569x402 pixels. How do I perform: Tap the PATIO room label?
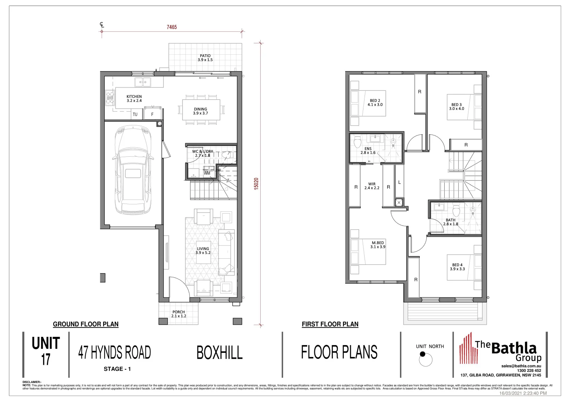205,58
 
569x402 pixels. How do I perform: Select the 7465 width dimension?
172,27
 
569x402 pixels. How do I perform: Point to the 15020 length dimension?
256,184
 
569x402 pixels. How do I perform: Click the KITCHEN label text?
134,99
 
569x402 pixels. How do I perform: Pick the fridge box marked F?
152,114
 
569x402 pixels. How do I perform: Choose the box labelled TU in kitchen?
135,114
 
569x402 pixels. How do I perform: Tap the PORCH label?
179,314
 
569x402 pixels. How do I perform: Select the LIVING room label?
203,251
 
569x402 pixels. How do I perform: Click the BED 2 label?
375,102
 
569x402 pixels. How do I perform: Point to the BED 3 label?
457,106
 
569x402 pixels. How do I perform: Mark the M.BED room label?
378,245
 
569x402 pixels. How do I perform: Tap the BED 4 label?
457,267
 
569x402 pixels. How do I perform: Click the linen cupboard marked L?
399,182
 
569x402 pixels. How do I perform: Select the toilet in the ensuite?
358,142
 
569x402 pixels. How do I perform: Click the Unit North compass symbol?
425,359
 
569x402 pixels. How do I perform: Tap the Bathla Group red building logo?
467,349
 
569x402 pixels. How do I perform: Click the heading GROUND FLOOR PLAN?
86,324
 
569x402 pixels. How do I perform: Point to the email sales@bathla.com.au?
521,366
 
